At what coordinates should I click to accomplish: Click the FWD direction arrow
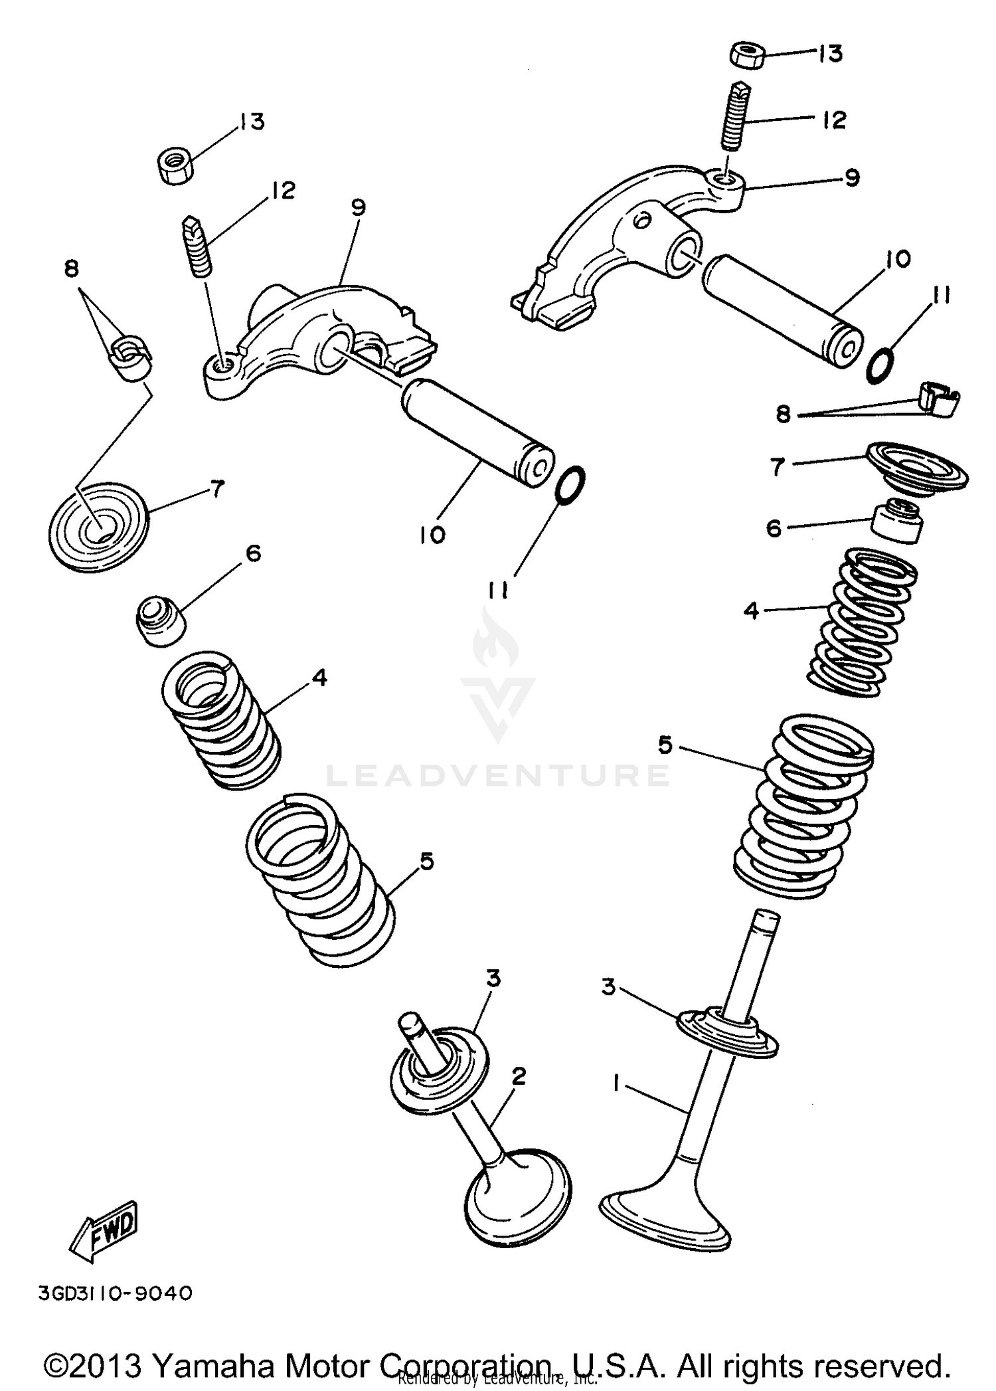tap(104, 1231)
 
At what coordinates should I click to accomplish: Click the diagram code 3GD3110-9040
tap(116, 1293)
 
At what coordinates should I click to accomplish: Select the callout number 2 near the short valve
tap(519, 1075)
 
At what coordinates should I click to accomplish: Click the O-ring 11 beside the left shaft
tap(570, 485)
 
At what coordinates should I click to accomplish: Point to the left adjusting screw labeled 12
tap(197, 246)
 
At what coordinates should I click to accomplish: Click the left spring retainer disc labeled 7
tap(100, 525)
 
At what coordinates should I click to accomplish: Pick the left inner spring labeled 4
tap(220, 717)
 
